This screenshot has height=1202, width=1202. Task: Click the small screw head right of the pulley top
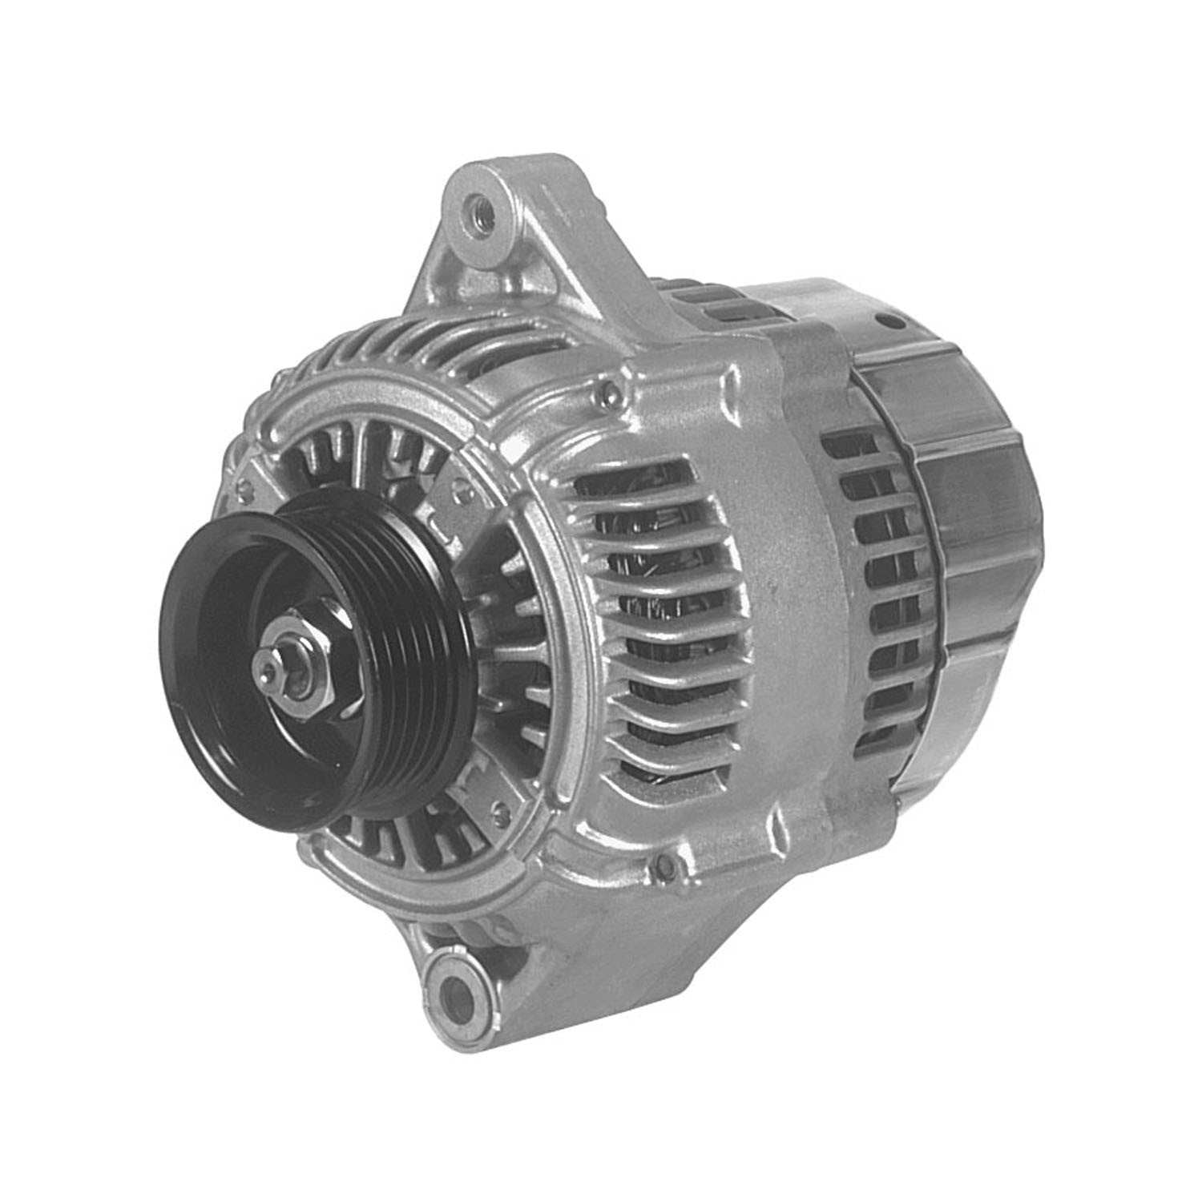458,487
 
